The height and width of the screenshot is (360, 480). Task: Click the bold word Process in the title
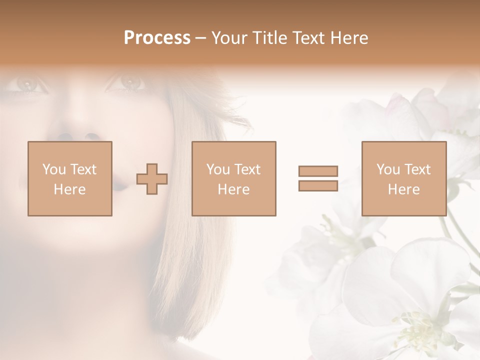[157, 38]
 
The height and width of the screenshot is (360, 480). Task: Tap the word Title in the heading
[269, 38]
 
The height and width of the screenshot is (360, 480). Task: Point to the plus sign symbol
[152, 179]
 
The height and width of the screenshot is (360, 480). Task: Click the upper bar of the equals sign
[318, 171]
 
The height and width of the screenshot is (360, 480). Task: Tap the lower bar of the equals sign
[318, 185]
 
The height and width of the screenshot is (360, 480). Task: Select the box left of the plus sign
[69, 178]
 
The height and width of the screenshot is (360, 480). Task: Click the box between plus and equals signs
[233, 178]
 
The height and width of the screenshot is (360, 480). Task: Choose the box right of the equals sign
[403, 178]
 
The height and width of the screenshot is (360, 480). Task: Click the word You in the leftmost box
[54, 169]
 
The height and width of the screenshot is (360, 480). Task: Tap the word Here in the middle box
[233, 189]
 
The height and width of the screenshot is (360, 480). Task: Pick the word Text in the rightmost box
[417, 169]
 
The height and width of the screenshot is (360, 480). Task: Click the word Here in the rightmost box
[403, 189]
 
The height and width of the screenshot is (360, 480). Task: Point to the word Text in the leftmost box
[83, 169]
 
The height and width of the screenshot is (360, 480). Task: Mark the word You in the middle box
[218, 169]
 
